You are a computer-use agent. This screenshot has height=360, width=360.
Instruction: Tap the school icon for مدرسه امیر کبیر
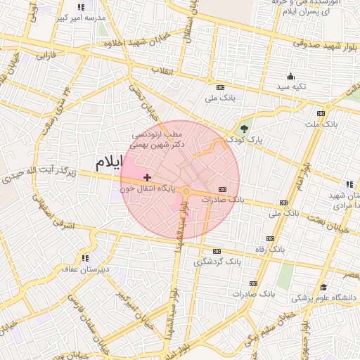tap(81, 8)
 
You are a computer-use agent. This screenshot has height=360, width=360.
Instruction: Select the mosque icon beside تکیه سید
tap(290, 77)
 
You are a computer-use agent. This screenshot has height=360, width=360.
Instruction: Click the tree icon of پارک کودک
tap(244, 129)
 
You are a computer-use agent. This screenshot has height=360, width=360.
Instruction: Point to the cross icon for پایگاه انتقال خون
tap(146, 177)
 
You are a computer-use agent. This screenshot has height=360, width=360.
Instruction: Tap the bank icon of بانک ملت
tap(321, 113)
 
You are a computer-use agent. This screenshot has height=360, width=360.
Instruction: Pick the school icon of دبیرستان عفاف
tap(86, 258)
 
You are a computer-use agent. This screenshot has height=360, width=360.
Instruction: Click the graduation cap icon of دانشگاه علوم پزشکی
tap(324, 287)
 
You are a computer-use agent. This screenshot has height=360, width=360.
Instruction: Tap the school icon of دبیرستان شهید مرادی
tap(330, 184)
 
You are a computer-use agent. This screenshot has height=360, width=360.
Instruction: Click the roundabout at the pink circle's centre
tap(186, 191)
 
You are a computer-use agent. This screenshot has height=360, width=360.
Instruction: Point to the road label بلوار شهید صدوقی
tap(325, 42)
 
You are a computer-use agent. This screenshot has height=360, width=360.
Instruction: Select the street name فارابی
tap(46, 54)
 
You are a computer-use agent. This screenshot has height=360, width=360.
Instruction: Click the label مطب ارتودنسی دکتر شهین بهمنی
tap(161, 139)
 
